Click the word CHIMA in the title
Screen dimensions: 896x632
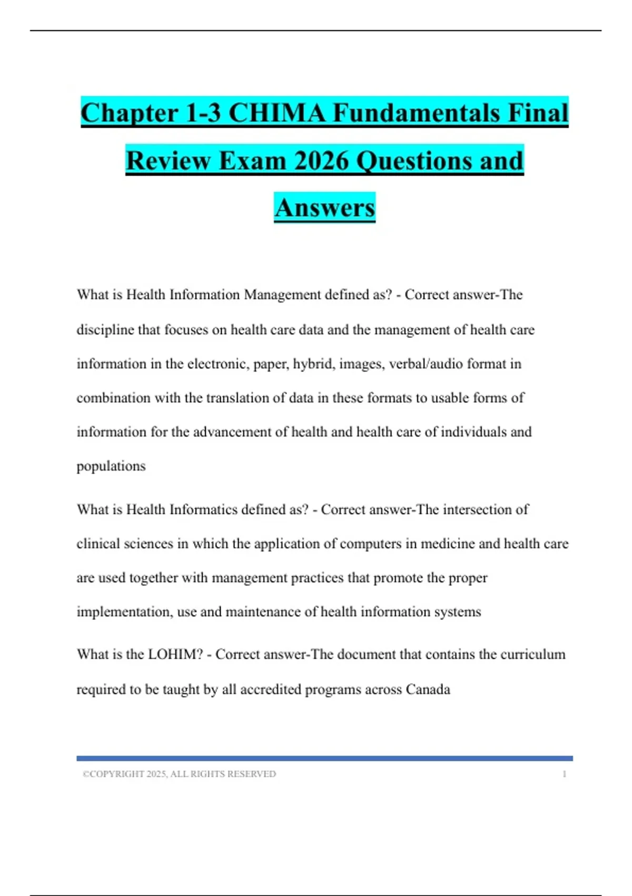point(276,113)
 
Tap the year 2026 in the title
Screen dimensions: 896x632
point(322,161)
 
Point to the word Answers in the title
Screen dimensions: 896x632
point(324,208)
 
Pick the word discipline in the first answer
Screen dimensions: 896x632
point(105,330)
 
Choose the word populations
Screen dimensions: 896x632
point(111,466)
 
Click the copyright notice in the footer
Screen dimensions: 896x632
point(179,774)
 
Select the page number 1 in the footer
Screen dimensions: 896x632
point(565,774)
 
